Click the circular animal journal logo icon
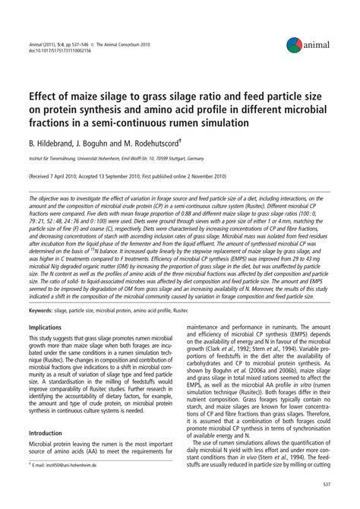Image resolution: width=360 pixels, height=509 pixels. (x=295, y=46)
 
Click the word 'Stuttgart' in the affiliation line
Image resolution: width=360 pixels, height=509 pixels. (x=184, y=157)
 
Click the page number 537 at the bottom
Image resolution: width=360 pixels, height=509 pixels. (x=324, y=483)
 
